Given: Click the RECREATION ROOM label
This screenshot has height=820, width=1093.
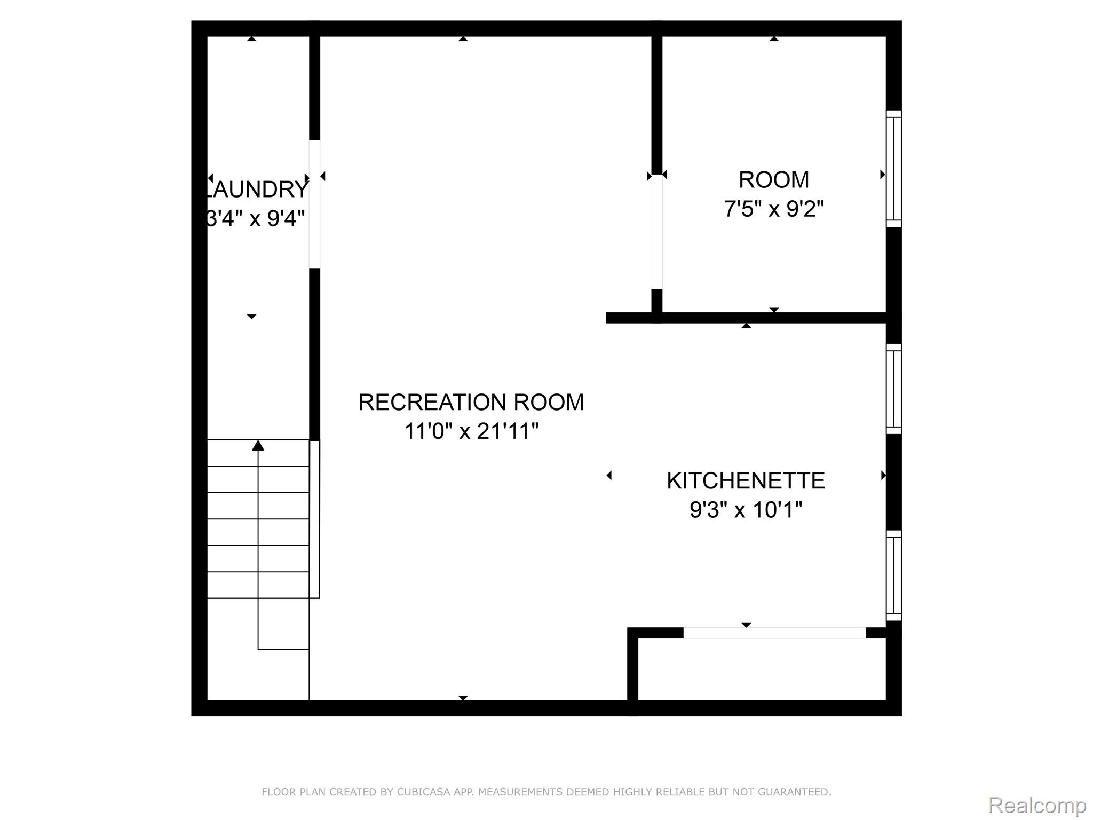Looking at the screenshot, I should (x=471, y=403).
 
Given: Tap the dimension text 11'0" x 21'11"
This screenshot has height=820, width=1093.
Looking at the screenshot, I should (x=471, y=431).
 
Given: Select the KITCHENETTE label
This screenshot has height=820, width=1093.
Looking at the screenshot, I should (x=745, y=481).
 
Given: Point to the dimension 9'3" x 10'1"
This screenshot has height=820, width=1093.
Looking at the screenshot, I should (x=745, y=510).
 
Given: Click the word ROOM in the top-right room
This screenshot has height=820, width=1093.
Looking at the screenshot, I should (x=773, y=180).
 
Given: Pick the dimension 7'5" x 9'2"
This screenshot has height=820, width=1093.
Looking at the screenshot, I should (x=773, y=209).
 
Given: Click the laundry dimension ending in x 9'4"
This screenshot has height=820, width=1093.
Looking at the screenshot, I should (x=256, y=218).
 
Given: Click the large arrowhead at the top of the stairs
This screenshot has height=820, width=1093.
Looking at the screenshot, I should (x=258, y=445).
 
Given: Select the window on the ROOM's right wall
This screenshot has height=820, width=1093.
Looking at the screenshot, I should (x=893, y=169).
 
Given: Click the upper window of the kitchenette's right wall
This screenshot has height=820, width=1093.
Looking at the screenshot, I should (x=893, y=389).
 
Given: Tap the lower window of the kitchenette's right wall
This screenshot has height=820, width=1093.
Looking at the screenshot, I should (x=893, y=575).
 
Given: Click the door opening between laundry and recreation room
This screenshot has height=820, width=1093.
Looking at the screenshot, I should (x=315, y=204).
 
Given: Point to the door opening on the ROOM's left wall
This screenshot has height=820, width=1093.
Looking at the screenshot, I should (x=657, y=232).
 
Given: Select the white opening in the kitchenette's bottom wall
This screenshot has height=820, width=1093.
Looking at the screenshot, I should (x=774, y=633).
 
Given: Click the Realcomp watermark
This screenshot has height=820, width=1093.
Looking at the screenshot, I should (x=1036, y=806).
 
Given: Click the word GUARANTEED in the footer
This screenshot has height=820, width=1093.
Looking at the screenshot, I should (x=796, y=792).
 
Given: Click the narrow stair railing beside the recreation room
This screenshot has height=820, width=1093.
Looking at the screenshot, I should (x=315, y=519).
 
